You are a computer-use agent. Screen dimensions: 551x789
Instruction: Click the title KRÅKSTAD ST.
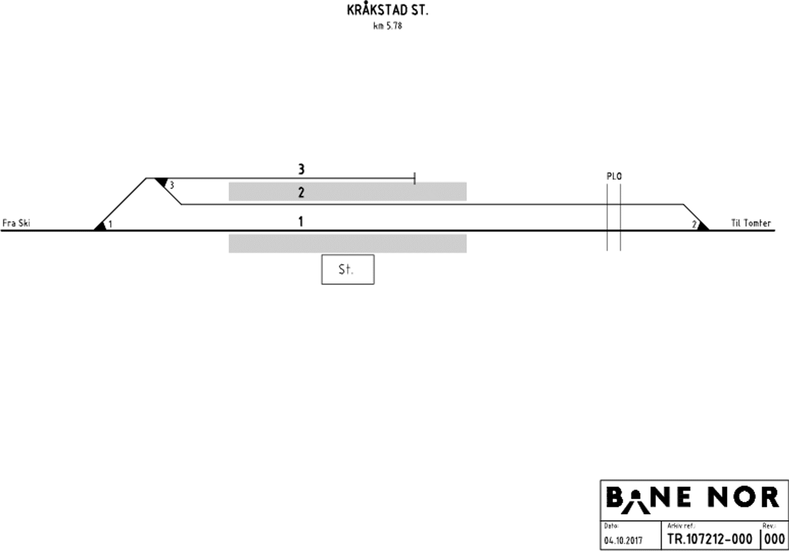(x=388, y=11)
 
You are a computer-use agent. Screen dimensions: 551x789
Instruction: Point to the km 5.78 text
(x=388, y=26)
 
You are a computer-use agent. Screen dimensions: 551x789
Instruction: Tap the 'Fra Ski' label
(x=16, y=223)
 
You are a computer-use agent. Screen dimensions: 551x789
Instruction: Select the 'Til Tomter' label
(x=751, y=223)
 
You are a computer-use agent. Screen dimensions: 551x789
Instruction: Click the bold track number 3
(x=301, y=170)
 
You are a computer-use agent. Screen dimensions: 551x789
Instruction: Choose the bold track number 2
(x=301, y=193)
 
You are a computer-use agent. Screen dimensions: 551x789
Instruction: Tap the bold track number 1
(x=301, y=222)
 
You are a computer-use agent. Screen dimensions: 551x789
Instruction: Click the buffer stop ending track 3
(x=415, y=178)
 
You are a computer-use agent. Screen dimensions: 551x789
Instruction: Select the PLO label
(x=614, y=176)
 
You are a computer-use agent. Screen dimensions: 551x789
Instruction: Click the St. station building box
(x=348, y=270)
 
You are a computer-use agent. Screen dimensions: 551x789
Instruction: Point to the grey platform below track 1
(x=348, y=243)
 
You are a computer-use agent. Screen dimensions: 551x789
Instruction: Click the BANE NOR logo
(x=693, y=499)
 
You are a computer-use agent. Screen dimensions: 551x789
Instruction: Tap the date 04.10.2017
(x=623, y=541)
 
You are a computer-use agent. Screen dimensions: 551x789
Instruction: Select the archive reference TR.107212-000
(x=710, y=539)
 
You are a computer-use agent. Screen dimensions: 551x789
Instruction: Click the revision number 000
(x=774, y=539)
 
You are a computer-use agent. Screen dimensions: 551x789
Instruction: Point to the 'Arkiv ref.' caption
(x=681, y=526)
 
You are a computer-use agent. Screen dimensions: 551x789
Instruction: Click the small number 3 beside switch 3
(x=172, y=185)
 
